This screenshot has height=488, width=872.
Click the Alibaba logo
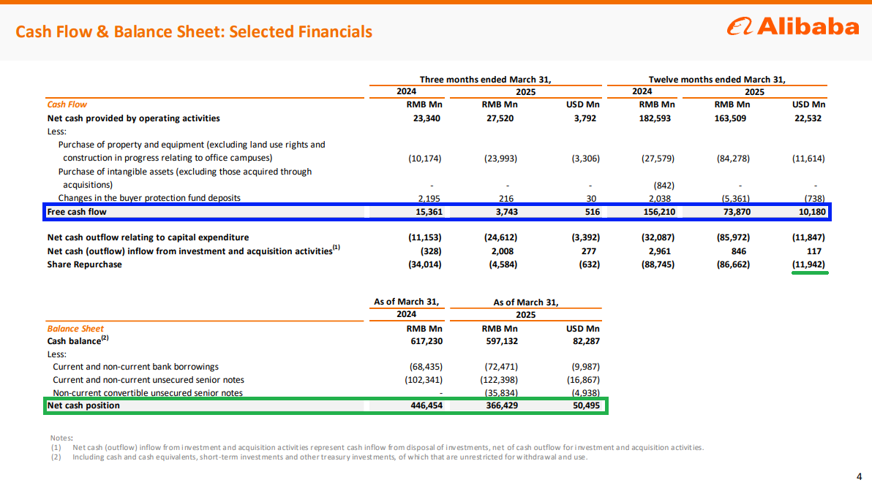(793, 26)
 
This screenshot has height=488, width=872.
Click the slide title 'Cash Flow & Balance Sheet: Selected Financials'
(194, 31)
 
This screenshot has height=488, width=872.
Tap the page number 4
(860, 476)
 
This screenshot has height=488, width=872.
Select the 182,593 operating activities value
(655, 118)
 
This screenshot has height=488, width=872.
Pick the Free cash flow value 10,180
(811, 212)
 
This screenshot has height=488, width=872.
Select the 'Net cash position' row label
(83, 405)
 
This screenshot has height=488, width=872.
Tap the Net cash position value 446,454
(426, 405)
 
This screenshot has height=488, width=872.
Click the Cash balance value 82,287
(586, 341)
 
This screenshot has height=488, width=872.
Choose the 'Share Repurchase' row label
(85, 264)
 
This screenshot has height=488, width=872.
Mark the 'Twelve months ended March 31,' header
(717, 80)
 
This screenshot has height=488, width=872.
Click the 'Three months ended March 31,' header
(486, 80)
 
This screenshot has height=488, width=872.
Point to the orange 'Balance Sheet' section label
(75, 329)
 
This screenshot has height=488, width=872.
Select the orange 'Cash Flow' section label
(67, 104)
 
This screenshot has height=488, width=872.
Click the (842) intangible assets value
(664, 186)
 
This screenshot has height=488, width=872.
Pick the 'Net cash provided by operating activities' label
(133, 118)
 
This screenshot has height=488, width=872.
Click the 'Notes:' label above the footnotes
(61, 438)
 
